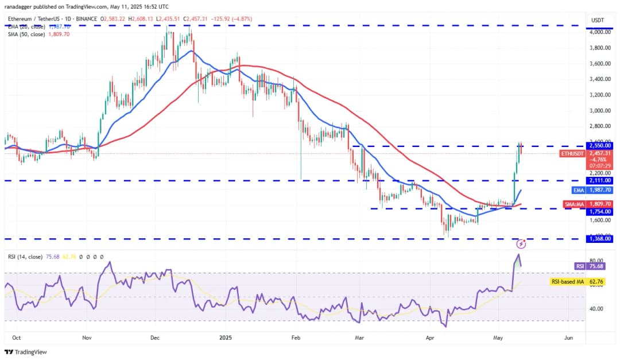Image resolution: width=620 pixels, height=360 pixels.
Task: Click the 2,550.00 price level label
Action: tap(600, 145)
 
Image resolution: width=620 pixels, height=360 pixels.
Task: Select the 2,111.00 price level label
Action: tap(600, 180)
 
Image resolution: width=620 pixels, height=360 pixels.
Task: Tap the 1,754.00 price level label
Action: tap(600, 211)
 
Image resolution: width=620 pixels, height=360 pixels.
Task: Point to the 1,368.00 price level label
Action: tap(600, 239)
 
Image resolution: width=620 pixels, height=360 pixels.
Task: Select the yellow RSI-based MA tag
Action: tap(568, 281)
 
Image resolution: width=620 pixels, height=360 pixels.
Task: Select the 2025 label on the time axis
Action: tap(225, 338)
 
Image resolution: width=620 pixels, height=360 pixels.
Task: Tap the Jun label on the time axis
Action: tap(568, 338)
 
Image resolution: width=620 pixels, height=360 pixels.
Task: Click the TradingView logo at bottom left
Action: tap(26, 352)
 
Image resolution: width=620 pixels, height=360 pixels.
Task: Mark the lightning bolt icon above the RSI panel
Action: tap(521, 243)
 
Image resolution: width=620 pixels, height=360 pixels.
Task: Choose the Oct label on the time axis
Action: tap(16, 338)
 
